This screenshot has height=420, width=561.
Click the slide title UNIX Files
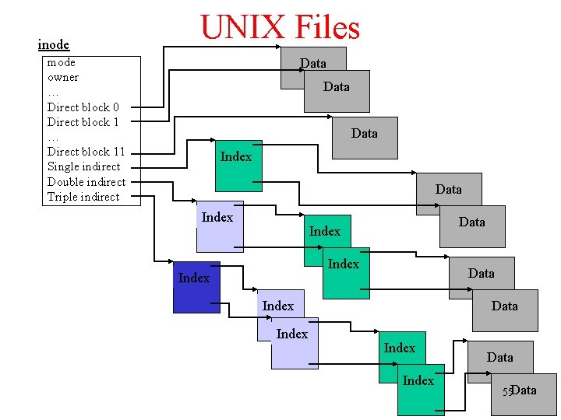pos(280,28)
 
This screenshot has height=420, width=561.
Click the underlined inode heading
pos(54,45)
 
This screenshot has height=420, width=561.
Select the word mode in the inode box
pos(62,62)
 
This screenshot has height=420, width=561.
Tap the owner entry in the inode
pos(63,77)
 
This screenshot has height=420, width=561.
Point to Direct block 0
pos(83,107)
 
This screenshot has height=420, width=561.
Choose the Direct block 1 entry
pos(83,122)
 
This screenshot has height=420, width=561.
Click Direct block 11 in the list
pos(86,152)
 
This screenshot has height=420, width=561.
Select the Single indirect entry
pos(84,166)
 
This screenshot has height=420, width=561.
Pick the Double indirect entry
pos(86,182)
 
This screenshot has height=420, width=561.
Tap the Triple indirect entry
pos(83,197)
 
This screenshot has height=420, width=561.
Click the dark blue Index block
pos(196,288)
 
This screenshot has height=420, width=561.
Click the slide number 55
pos(506,391)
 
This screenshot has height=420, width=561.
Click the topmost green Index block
pos(238,165)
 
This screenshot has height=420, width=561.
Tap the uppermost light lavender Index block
pos(219,228)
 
